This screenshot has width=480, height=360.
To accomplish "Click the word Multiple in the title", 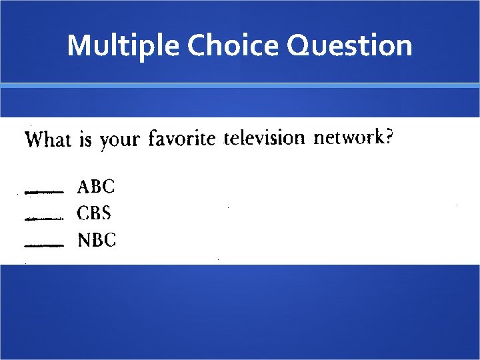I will [124, 46].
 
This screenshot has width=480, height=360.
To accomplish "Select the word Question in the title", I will [349, 46].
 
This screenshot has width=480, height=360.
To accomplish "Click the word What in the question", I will [47, 140].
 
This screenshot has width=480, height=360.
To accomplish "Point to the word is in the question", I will [85, 140].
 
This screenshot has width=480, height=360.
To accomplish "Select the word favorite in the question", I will [182, 139].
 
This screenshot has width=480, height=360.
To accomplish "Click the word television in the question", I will [264, 138].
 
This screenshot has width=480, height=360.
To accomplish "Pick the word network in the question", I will [349, 137].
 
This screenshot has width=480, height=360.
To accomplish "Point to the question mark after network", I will [389, 137].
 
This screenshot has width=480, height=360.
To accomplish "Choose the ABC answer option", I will [96, 186].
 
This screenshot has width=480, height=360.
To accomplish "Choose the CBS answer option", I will [95, 213].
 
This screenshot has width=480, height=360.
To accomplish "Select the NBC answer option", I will [97, 240].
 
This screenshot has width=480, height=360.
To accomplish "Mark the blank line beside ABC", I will [43, 192].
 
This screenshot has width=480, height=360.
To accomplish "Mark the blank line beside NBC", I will [43, 245].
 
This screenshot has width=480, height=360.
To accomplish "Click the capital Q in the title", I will [299, 46].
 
